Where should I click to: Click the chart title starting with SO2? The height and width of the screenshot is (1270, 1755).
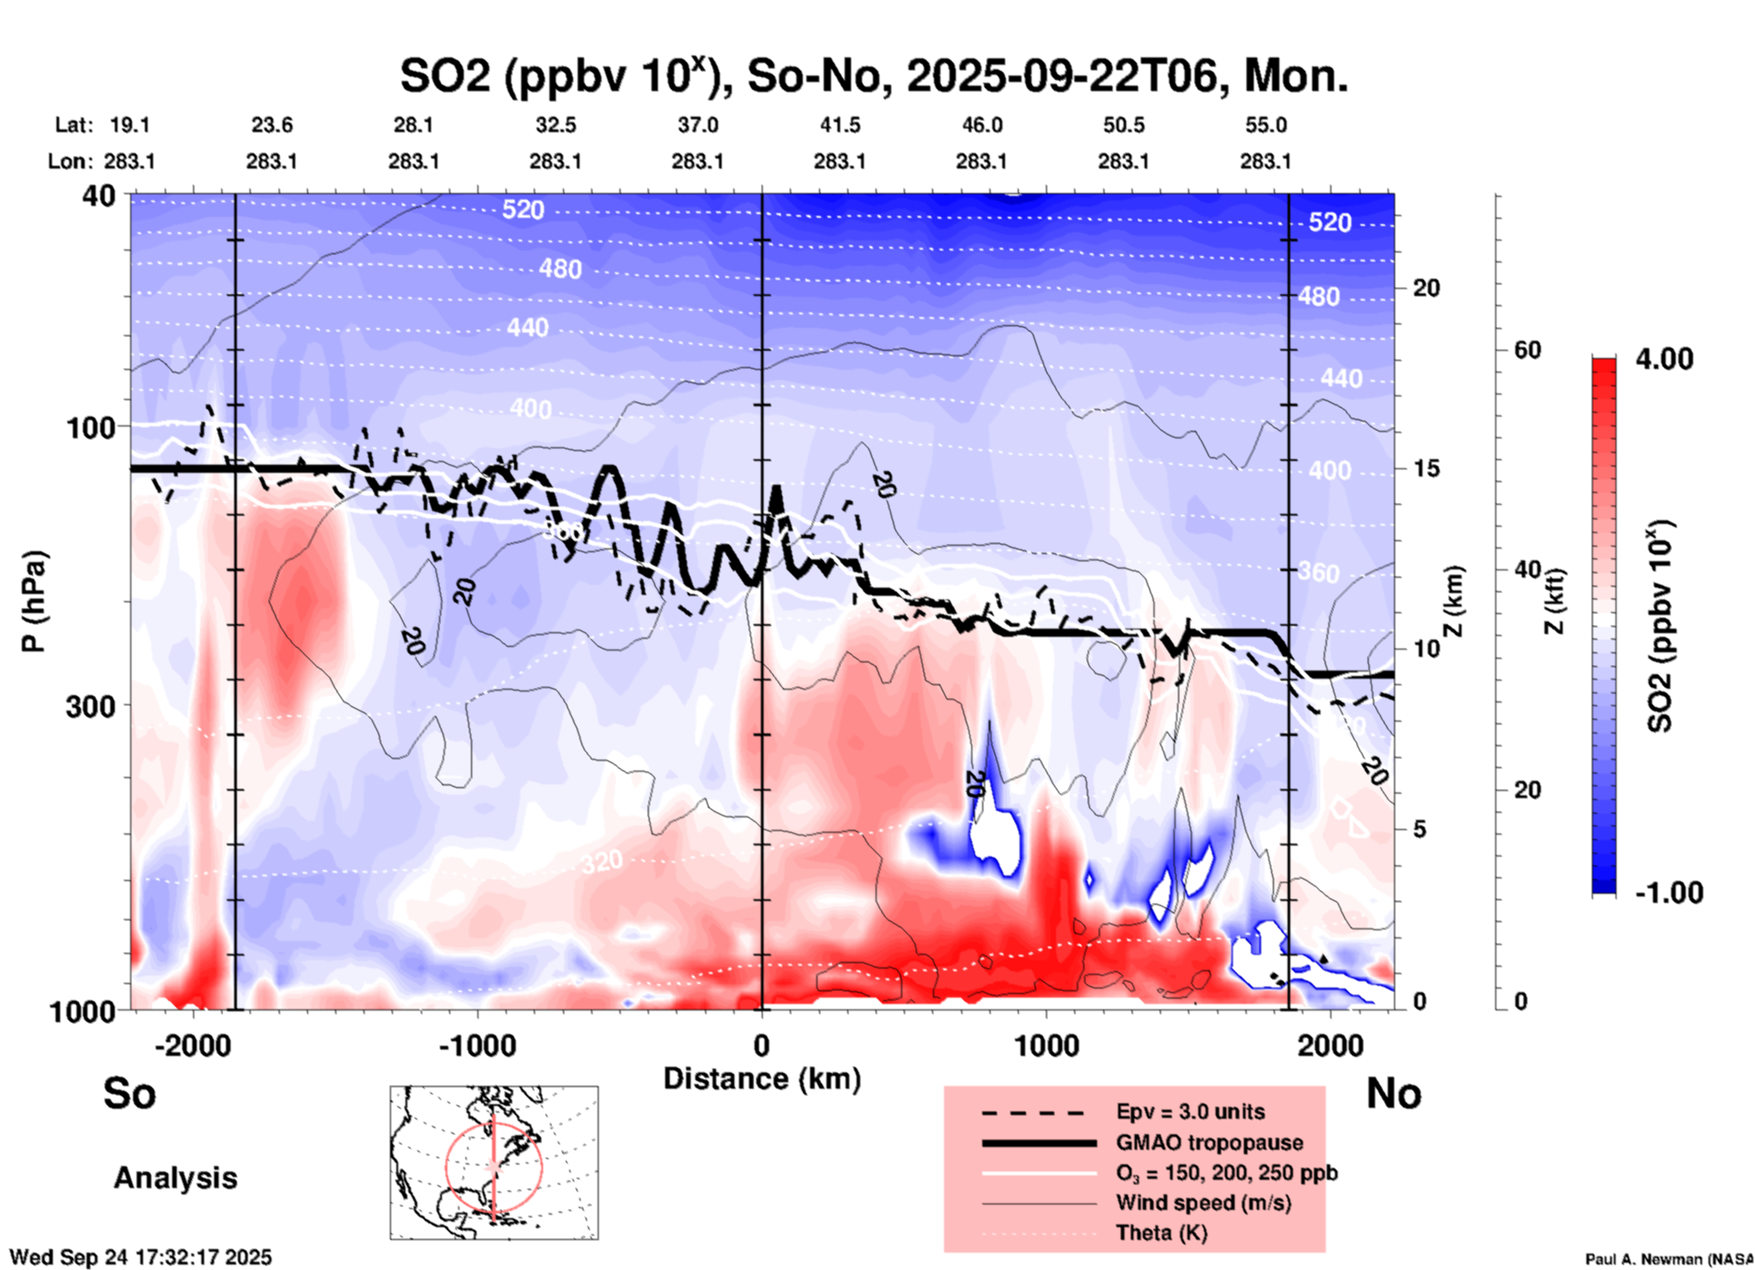873,76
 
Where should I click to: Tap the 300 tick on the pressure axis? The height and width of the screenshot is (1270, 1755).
90,706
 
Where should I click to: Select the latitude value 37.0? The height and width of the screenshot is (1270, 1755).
697,125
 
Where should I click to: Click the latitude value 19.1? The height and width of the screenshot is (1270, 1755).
129,125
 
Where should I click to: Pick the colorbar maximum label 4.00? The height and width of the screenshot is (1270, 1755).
1664,359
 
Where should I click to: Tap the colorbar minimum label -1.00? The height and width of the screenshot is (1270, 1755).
1668,893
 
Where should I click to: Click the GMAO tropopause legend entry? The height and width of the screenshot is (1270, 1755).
1209,1142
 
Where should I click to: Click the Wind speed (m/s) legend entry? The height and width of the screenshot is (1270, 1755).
1203,1203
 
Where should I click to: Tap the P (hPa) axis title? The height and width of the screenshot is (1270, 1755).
34,601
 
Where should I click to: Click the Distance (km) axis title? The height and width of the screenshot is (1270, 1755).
762,1079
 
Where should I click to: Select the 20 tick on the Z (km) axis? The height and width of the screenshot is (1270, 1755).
1426,289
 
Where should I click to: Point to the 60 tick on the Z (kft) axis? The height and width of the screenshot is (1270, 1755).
1527,350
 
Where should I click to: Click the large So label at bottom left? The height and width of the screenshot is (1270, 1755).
129,1093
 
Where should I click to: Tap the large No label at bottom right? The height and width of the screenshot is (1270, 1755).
1393,1093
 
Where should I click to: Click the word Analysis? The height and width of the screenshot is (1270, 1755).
175,1178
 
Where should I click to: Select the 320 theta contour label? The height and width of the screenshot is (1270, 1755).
602,860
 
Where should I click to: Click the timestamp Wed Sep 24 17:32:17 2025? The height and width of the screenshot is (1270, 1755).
140,1257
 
